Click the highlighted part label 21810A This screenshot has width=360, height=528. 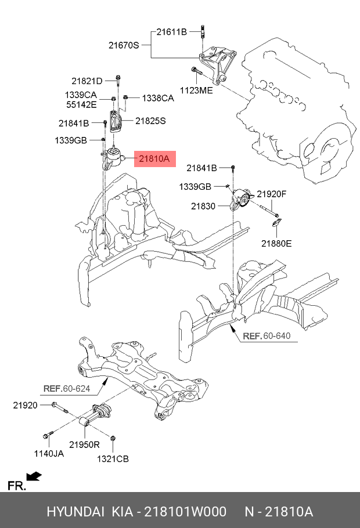[x=154, y=158]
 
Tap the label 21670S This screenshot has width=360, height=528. [x=124, y=45]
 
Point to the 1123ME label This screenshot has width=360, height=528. [x=196, y=91]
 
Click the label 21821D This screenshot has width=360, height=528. [x=87, y=81]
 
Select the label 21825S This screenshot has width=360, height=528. [x=150, y=121]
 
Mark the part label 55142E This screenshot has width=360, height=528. [x=81, y=106]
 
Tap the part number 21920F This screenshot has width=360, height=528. [x=272, y=194]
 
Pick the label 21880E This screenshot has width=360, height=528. [x=276, y=244]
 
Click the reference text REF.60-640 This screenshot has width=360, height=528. [x=267, y=337]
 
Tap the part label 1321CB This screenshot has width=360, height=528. [x=113, y=458]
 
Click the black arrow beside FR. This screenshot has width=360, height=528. [x=34, y=477]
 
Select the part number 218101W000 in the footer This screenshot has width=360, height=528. [x=185, y=512]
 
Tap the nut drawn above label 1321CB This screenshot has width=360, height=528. [x=113, y=437]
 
